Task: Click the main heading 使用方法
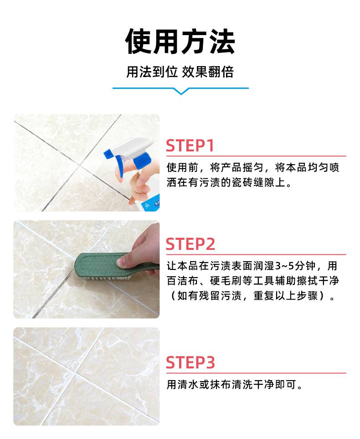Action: pos(180,42)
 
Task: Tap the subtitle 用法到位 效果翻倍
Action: pos(180,72)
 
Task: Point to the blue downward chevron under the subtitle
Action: pos(181,91)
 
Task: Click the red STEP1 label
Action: pos(190,145)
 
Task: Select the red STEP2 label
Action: pos(190,244)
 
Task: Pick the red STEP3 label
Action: pos(190,362)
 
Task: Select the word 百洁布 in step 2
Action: pos(183,280)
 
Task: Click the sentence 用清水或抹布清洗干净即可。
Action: pos(235,385)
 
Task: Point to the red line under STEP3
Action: pos(256,373)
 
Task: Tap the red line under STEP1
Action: pos(256,156)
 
